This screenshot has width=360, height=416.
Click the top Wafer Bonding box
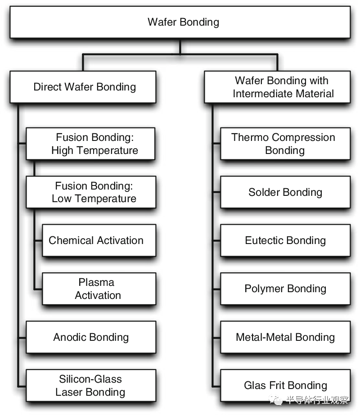(x=180, y=23)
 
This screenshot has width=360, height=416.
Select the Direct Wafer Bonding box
(x=83, y=87)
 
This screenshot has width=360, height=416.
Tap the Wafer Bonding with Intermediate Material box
(x=277, y=87)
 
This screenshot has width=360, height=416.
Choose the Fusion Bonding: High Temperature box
(x=90, y=144)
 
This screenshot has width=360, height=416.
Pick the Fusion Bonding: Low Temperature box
(x=91, y=192)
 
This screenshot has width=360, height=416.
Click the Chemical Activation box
(x=99, y=240)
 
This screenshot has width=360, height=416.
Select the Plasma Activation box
(x=99, y=289)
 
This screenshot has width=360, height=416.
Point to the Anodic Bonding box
(x=91, y=337)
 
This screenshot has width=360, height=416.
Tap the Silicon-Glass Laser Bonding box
(x=91, y=385)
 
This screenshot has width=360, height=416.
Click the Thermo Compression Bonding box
(x=285, y=144)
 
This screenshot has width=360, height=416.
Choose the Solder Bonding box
(x=285, y=192)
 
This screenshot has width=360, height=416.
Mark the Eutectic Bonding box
(x=285, y=240)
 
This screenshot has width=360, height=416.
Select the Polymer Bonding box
(x=285, y=289)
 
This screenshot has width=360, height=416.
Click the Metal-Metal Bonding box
(x=285, y=337)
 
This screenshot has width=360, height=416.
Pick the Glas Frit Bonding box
(x=285, y=385)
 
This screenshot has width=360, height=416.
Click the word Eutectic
(x=264, y=240)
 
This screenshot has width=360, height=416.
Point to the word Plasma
(x=96, y=282)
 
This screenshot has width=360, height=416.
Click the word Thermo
(x=250, y=137)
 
